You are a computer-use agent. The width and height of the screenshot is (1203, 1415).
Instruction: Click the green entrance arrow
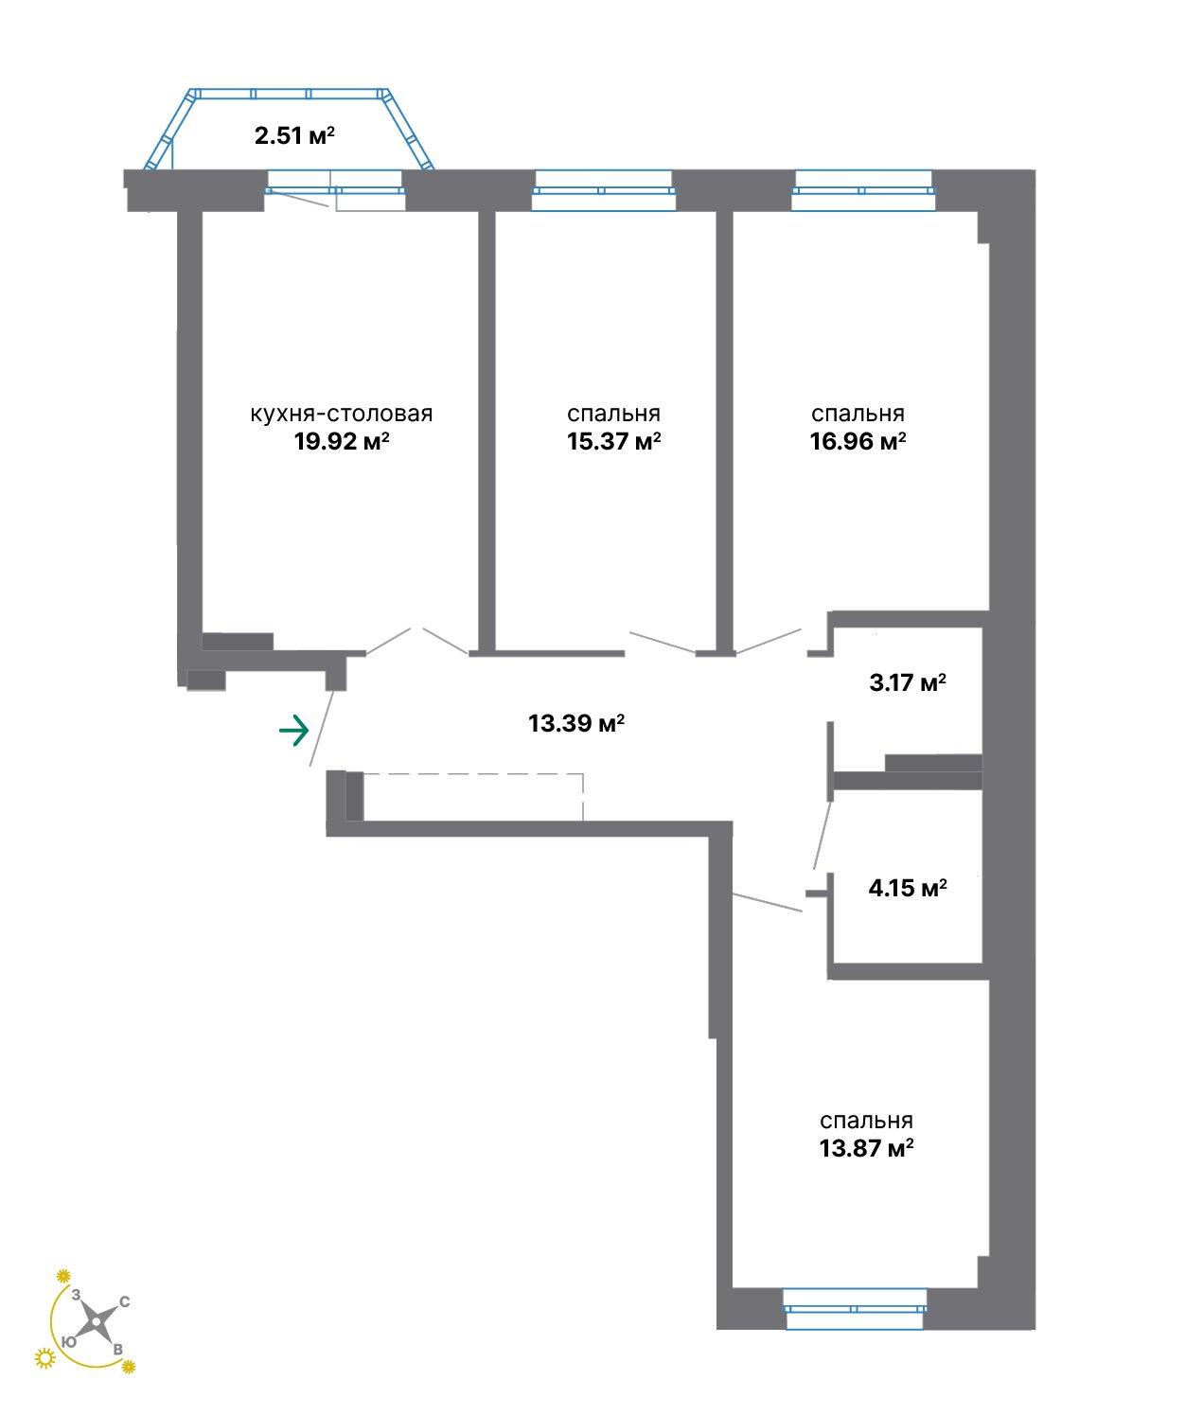point(294,731)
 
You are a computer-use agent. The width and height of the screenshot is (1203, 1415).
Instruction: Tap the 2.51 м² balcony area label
point(294,134)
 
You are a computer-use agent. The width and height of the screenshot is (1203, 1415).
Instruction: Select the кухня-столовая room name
point(342,414)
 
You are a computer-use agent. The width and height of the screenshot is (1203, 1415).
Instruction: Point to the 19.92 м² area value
point(342,441)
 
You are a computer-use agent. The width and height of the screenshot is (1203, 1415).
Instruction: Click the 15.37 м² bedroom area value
point(613,441)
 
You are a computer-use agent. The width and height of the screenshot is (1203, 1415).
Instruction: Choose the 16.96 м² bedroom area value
point(858,441)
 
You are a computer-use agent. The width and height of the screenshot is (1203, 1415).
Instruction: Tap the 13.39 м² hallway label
point(576,723)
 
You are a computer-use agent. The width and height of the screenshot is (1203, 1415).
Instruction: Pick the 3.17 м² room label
point(908,682)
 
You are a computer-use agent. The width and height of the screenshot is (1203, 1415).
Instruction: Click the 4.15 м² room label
point(908,888)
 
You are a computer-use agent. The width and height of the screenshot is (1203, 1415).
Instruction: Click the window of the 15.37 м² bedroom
point(604,190)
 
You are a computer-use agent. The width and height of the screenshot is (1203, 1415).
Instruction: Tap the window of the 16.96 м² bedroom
point(863,190)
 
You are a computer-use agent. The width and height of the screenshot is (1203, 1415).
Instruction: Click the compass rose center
point(97,1320)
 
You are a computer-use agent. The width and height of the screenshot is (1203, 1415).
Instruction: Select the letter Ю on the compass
point(68,1341)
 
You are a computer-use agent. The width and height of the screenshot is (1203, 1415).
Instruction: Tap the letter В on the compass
point(117,1350)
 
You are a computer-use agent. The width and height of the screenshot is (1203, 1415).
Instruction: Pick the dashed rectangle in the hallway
point(473,796)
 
